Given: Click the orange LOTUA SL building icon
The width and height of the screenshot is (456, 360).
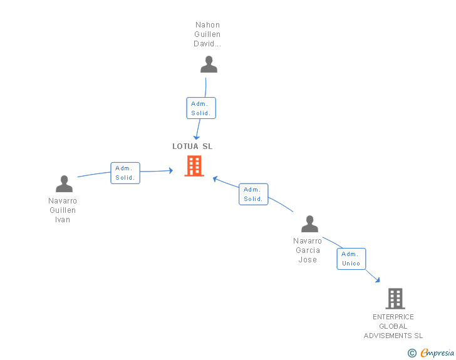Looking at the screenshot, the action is click(x=194, y=166).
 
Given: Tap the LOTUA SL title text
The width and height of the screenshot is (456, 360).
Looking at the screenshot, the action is click(x=192, y=147).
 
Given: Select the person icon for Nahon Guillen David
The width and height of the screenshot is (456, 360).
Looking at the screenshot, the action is click(x=209, y=64).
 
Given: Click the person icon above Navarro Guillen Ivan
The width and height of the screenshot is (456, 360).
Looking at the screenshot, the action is click(x=64, y=184).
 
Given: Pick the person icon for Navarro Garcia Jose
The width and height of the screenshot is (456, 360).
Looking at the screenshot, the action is click(x=309, y=224).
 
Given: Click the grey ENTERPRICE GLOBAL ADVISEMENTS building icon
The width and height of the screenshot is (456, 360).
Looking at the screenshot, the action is click(x=395, y=299).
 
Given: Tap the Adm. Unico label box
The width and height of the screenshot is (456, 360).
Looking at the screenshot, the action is click(x=351, y=259).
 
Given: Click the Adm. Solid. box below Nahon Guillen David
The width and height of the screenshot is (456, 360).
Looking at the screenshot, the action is click(x=201, y=108).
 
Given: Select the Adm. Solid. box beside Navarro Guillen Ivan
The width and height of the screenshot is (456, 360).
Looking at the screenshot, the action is click(x=125, y=173).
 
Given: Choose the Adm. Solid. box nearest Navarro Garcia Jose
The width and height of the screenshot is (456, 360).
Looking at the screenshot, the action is click(x=253, y=194).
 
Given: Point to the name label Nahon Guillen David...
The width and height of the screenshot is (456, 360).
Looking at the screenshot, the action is click(x=207, y=34).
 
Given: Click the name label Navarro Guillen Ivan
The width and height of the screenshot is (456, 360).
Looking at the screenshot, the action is click(x=63, y=210).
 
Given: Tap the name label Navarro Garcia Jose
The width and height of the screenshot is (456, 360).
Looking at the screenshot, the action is click(x=308, y=250).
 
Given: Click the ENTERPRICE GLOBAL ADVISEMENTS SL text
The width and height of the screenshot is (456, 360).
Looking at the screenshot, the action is click(x=393, y=326).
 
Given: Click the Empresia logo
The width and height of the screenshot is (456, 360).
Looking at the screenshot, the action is click(x=437, y=353).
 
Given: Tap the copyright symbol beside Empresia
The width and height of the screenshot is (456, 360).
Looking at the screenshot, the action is click(x=412, y=353).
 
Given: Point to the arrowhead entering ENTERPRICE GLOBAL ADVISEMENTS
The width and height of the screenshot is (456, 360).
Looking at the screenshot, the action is click(x=378, y=280).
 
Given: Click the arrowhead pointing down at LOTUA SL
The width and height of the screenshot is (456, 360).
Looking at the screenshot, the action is click(x=197, y=137).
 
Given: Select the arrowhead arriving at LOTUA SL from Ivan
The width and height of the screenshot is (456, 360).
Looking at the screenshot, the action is click(x=171, y=170).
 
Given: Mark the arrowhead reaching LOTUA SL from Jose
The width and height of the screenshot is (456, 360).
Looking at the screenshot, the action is click(x=215, y=179).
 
